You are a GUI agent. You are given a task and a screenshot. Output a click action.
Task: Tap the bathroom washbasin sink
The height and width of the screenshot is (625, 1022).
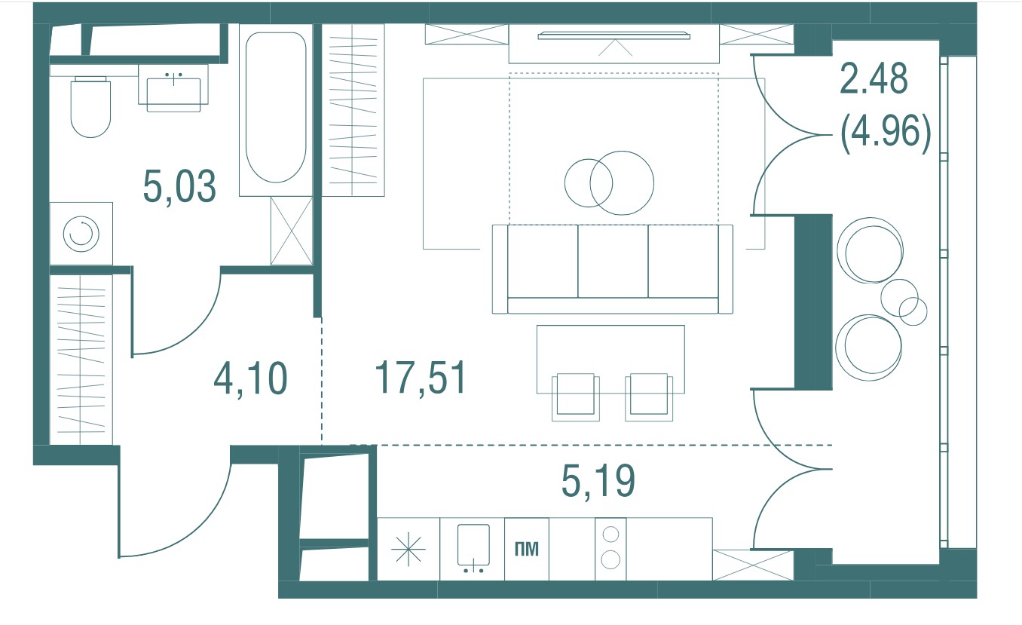(x=173, y=94)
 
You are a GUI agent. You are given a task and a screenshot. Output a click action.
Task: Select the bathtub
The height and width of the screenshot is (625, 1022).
(x=276, y=107)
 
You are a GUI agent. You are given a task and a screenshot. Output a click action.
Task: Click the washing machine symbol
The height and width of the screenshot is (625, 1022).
(x=81, y=234)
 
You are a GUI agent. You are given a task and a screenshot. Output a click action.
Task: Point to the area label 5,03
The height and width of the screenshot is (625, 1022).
(x=179, y=186)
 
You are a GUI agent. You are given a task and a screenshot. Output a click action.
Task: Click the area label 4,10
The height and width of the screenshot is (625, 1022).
(x=250, y=378)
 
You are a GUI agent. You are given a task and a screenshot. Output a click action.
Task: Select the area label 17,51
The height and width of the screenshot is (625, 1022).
(x=421, y=377)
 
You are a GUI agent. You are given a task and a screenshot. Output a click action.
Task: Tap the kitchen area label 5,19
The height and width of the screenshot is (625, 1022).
(x=598, y=481)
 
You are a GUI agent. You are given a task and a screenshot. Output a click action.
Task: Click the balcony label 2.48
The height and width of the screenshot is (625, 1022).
(x=874, y=78)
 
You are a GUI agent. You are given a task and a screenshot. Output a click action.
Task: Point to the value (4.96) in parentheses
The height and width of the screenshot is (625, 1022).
(x=886, y=133)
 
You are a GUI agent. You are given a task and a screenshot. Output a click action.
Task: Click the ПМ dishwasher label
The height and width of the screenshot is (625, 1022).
(x=527, y=549)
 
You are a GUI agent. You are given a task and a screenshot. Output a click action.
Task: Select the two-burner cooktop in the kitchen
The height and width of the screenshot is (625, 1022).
(x=610, y=549)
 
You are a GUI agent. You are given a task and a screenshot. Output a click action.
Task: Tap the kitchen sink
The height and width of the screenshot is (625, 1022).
(x=473, y=548)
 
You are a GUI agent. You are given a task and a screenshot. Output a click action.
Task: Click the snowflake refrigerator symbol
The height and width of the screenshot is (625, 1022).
(x=408, y=549)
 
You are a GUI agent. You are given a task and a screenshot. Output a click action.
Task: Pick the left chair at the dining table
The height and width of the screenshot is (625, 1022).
(x=575, y=397)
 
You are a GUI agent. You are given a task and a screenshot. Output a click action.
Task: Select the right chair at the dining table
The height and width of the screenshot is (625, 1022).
(x=649, y=397)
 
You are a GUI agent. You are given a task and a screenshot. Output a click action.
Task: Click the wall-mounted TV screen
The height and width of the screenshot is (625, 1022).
(x=614, y=35)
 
